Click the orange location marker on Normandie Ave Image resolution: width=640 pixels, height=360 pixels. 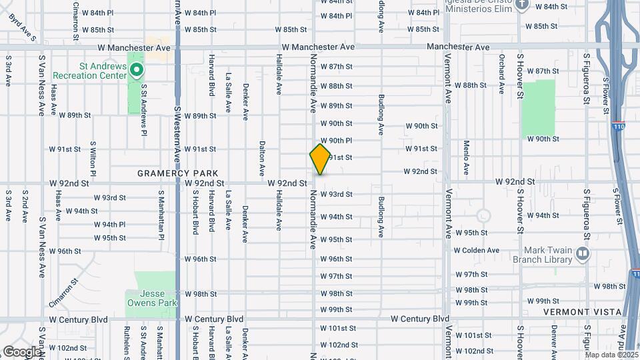coord(321,159)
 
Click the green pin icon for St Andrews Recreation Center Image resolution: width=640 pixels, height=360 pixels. coord(136,70)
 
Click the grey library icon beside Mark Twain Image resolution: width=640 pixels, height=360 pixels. coord(583,253)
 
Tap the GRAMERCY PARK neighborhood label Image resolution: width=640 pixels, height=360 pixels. coord(169,173)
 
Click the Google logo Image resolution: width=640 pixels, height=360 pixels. coord(21,351)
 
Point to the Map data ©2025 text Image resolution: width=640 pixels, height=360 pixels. coord(611,354)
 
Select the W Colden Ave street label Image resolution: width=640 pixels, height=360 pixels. coord(477,251)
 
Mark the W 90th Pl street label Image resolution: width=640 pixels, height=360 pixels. coord(336,141)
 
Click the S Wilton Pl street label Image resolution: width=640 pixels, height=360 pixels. coord(93,159)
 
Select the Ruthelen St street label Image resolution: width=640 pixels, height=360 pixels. coord(127,342)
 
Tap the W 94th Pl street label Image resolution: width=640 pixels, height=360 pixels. coord(109,225)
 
